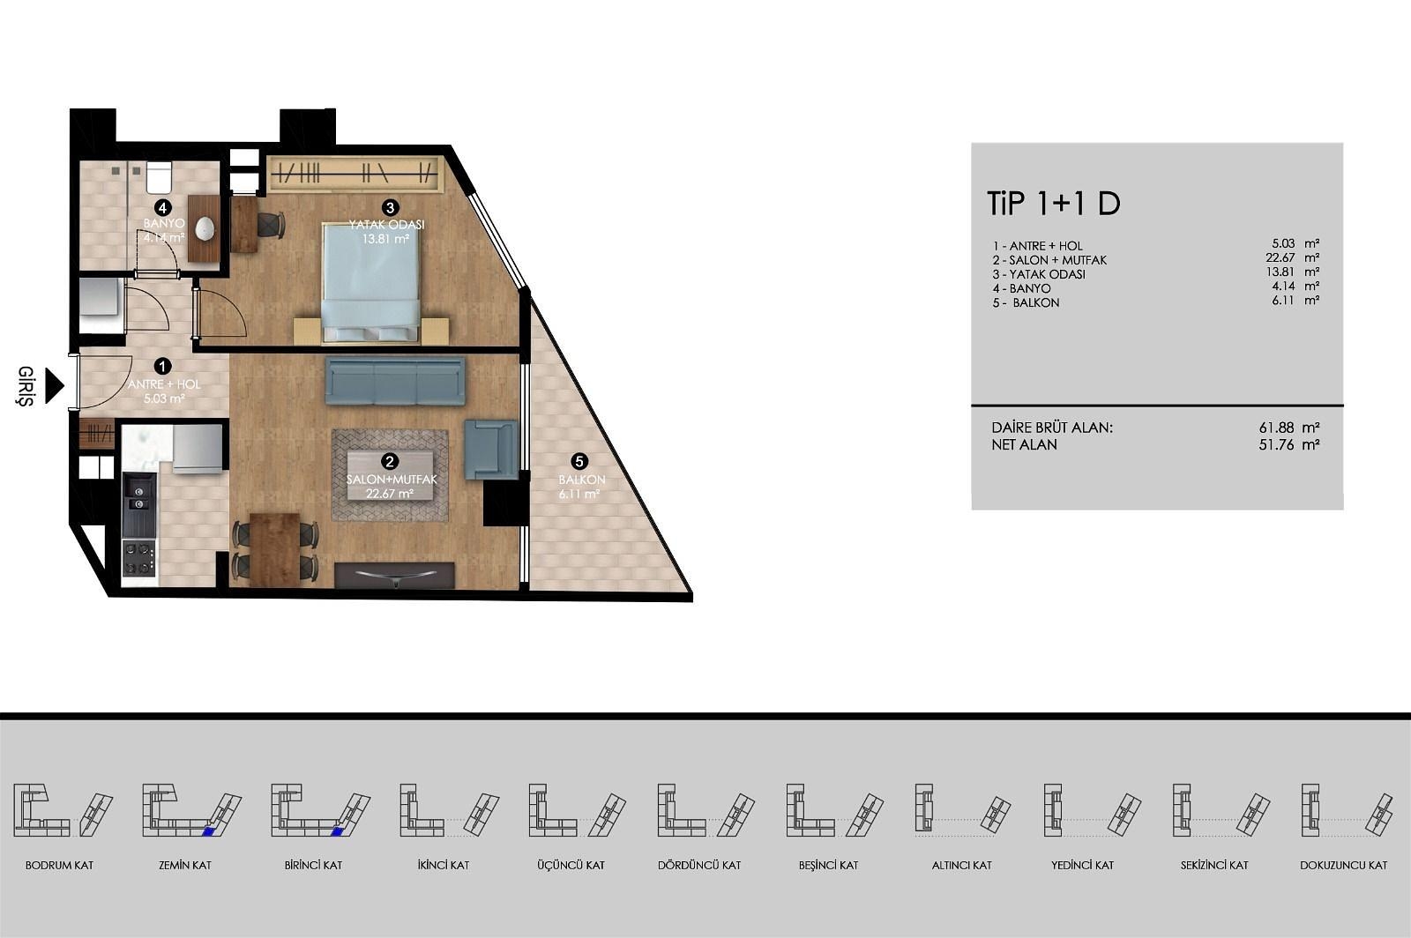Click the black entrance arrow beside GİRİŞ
click(54, 385)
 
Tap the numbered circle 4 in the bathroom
click(163, 208)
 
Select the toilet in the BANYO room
click(159, 177)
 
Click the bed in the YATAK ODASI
click(371, 283)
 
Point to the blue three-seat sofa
click(395, 380)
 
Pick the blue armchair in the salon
click(490, 450)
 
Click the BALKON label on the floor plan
click(582, 480)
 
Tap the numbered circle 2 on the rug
click(390, 461)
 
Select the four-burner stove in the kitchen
click(138, 558)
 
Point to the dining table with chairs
click(275, 549)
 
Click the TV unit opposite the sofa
click(394, 576)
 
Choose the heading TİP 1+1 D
click(1054, 204)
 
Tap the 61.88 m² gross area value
click(1288, 428)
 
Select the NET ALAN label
click(1024, 444)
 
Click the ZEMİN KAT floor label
click(185, 865)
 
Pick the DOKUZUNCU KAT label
click(1344, 865)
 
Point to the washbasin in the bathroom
click(205, 228)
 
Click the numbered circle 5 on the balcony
click(579, 461)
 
